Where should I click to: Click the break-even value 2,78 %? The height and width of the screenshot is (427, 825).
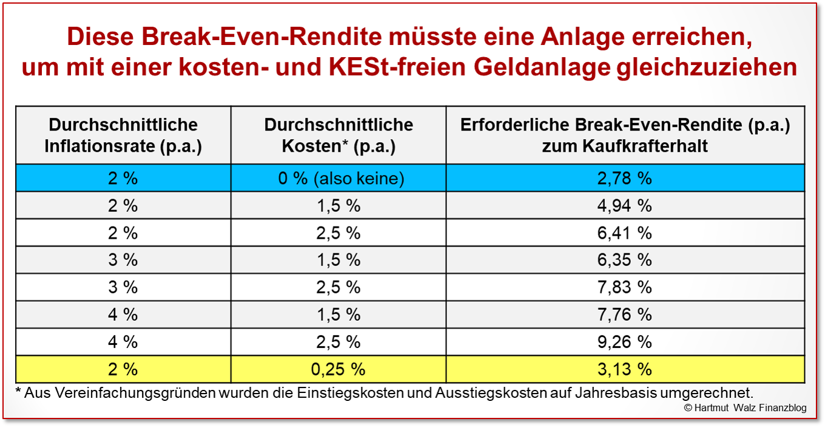tap(625, 178)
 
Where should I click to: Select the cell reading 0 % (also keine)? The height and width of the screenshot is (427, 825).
tap(338, 178)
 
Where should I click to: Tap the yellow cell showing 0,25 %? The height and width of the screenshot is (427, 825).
tap(338, 369)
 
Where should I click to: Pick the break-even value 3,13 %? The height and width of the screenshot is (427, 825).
tap(625, 369)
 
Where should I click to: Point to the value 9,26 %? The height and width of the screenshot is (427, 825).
tap(625, 342)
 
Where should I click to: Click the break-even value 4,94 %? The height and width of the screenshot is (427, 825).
tap(625, 205)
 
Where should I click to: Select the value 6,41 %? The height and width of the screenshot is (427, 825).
tap(625, 233)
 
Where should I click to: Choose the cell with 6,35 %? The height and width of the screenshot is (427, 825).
tap(625, 260)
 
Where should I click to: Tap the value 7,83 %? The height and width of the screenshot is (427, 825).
tap(625, 287)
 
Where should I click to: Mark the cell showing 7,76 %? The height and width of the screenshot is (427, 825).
tap(625, 315)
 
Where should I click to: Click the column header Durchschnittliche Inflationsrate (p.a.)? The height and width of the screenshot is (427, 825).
tap(123, 135)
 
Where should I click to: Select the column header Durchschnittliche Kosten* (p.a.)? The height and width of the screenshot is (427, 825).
tap(338, 135)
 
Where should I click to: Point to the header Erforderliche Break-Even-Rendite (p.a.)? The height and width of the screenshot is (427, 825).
tap(625, 126)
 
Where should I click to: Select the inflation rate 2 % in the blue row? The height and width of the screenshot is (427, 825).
tap(123, 178)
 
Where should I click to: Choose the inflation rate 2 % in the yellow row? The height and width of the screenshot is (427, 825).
tap(123, 369)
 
